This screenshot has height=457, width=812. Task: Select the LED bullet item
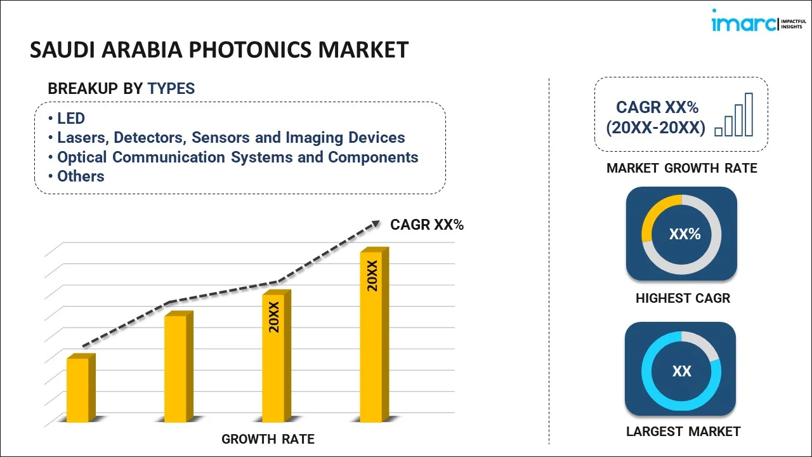click(x=70, y=119)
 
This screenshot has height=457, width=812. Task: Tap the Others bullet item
click(x=81, y=176)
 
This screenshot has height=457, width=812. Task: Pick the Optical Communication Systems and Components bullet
click(x=237, y=157)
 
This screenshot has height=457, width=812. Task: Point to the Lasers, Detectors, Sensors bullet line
click(x=231, y=138)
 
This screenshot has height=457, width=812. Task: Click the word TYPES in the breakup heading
click(x=171, y=89)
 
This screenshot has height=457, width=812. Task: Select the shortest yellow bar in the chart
click(x=78, y=390)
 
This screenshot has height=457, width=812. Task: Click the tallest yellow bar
click(x=371, y=336)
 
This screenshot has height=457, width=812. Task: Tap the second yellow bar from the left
click(x=176, y=368)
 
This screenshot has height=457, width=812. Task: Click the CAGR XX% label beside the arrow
click(x=427, y=225)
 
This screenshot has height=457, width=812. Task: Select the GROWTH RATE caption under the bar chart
click(x=268, y=439)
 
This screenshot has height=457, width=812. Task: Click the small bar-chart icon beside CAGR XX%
click(x=734, y=116)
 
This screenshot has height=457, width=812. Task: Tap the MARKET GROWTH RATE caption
click(x=682, y=168)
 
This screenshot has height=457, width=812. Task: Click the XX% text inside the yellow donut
click(x=684, y=234)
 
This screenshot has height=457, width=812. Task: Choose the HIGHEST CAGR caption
click(x=683, y=298)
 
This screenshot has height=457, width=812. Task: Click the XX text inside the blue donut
click(x=682, y=371)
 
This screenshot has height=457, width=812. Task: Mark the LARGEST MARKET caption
click(x=683, y=432)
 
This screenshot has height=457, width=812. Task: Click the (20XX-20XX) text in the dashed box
click(x=655, y=128)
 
